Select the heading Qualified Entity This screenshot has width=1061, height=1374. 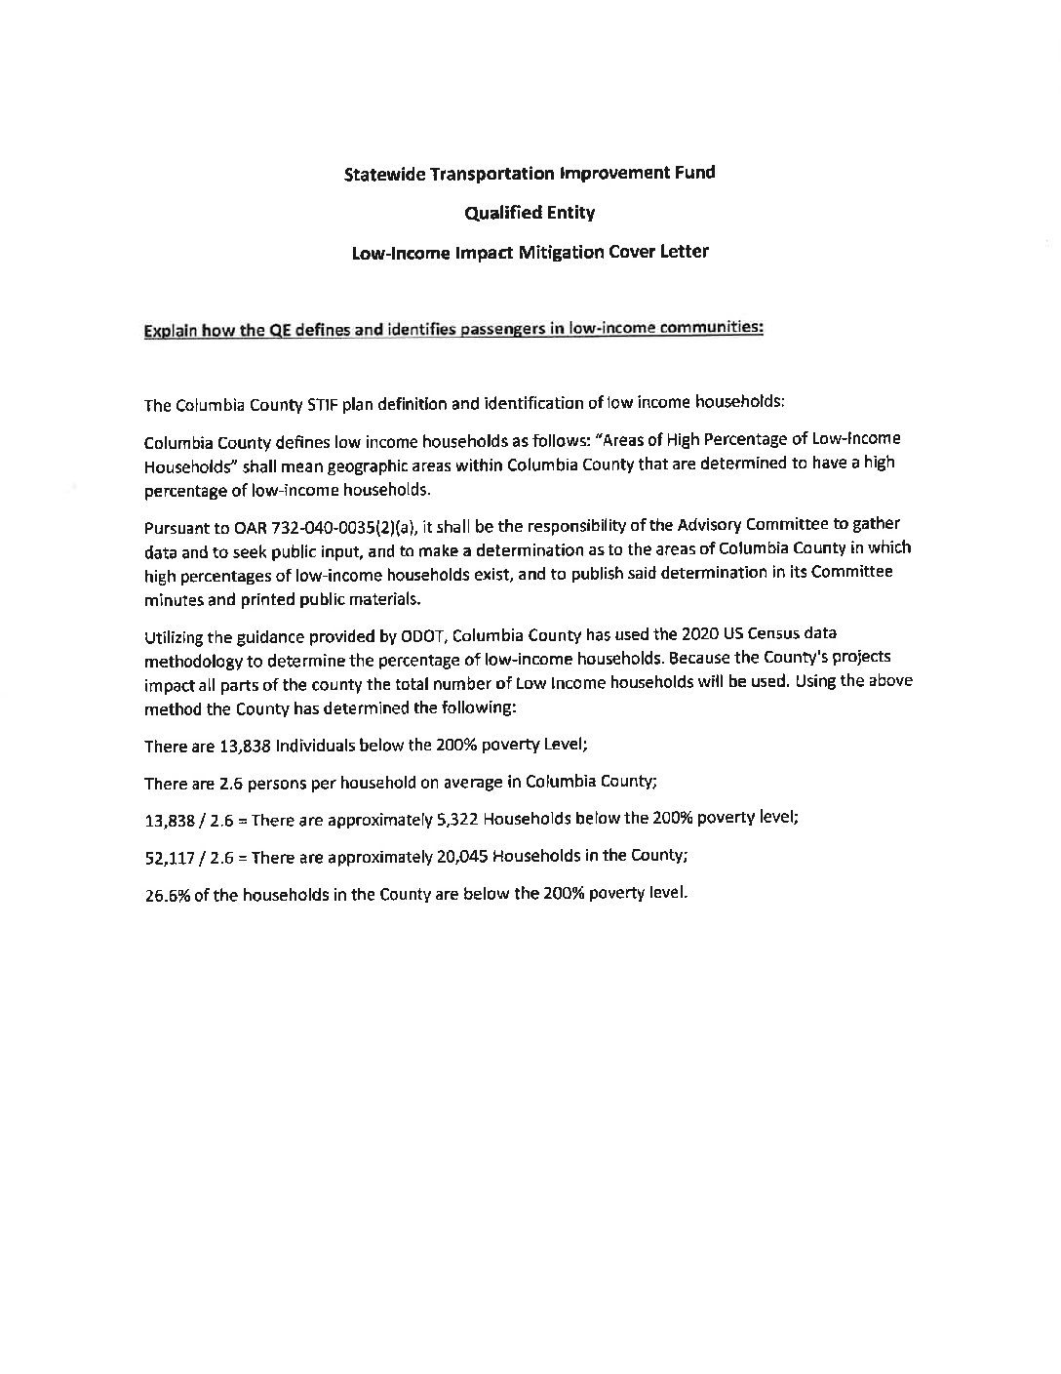(x=530, y=213)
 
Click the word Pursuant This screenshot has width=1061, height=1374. (x=175, y=528)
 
